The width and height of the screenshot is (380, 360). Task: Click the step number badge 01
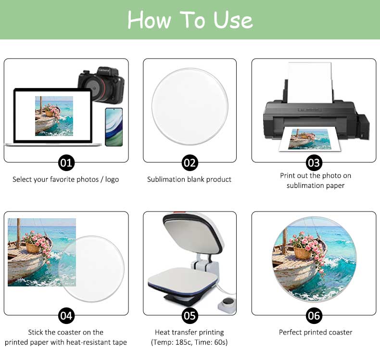(66, 162)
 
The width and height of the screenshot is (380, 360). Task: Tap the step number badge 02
(190, 162)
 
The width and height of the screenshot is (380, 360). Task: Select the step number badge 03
(314, 162)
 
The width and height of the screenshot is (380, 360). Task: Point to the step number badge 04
(66, 316)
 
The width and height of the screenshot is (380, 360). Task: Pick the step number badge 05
(190, 316)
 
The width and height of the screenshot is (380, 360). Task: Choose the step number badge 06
(314, 316)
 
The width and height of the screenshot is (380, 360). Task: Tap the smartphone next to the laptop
(114, 127)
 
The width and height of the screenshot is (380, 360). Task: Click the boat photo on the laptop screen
(54, 116)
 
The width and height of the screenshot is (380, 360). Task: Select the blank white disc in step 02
(190, 107)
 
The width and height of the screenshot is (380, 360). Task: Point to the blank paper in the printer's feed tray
(309, 82)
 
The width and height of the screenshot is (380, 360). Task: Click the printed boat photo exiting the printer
(309, 139)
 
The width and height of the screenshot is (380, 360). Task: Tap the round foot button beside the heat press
(227, 302)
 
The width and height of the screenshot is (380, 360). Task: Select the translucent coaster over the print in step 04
(91, 269)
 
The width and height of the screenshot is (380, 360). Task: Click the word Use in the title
(233, 20)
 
